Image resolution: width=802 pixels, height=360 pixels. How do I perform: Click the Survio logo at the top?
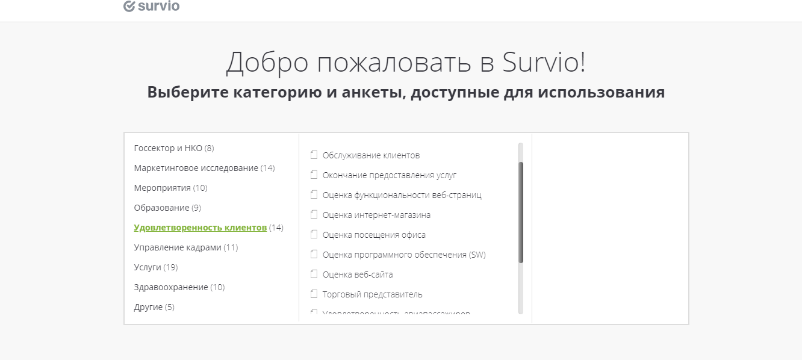tap(151, 7)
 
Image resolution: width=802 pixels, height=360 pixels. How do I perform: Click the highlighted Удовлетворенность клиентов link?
tap(200, 228)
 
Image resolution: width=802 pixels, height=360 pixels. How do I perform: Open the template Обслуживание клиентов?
tap(371, 155)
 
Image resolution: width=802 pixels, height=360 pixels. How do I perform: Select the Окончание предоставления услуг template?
tap(390, 175)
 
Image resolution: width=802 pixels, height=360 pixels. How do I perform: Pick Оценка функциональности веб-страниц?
tap(402, 195)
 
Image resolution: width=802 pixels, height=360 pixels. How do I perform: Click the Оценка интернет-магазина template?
tap(376, 215)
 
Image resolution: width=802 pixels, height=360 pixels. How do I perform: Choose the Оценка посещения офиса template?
tap(374, 235)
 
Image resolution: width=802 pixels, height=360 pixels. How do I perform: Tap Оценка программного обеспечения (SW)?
tap(404, 255)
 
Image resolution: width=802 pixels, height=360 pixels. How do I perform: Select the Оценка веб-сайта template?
tap(358, 275)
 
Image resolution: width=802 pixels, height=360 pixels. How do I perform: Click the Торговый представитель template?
tap(372, 294)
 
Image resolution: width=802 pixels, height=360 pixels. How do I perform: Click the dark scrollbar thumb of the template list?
tap(521, 212)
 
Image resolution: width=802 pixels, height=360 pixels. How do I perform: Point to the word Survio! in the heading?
tap(541, 62)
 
